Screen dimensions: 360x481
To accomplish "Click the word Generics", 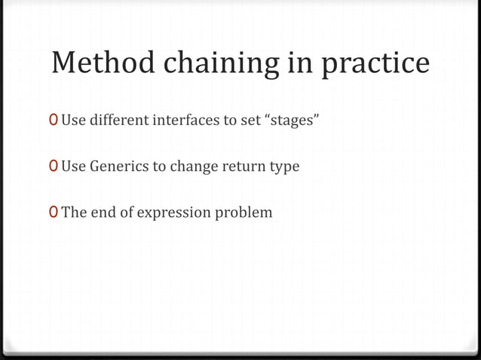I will click(119, 166).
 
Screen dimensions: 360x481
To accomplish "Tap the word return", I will click(242, 166).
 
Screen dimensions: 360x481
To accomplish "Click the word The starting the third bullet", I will click(73, 213).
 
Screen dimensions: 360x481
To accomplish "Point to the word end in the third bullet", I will click(103, 213).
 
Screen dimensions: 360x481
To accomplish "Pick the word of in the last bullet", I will click(126, 213).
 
